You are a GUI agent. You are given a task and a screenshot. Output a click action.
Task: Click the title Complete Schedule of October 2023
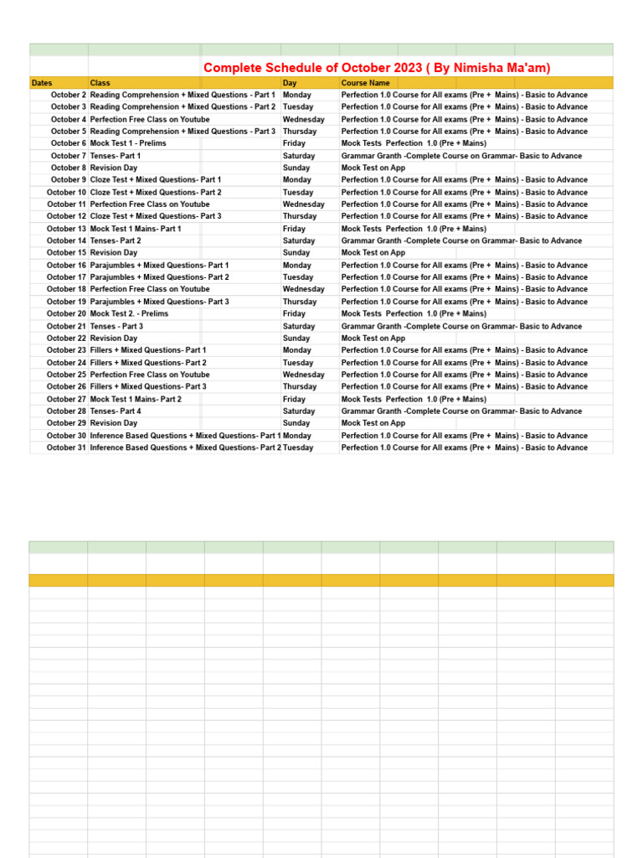click(x=377, y=68)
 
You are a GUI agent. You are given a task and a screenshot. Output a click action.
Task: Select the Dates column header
click(x=42, y=83)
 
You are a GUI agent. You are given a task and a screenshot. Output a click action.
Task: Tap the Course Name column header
click(x=365, y=83)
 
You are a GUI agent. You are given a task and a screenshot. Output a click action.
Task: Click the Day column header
click(x=290, y=83)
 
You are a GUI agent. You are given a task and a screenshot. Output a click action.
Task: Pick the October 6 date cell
click(x=68, y=143)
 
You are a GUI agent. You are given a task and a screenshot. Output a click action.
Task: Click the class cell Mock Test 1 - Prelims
click(x=128, y=143)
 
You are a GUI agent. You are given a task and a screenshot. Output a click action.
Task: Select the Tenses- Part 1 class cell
click(x=116, y=156)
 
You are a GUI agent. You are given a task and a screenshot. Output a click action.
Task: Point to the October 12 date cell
click(x=66, y=216)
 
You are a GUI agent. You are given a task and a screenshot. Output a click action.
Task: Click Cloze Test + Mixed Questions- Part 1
click(x=156, y=180)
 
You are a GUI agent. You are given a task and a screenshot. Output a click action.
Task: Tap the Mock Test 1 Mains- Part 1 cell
click(x=136, y=229)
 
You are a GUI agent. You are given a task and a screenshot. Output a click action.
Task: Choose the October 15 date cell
click(x=66, y=253)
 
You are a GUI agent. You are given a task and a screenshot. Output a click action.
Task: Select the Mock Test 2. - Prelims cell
click(x=129, y=313)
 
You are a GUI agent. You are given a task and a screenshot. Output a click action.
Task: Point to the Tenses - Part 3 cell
click(x=116, y=326)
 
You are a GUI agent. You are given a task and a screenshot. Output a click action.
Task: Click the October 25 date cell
click(x=66, y=375)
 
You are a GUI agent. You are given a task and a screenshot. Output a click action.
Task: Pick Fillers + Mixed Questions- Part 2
click(x=148, y=363)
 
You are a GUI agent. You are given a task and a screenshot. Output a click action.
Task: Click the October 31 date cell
click(x=66, y=447)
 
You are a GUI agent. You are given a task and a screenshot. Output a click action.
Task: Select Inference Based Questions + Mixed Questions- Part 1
click(x=186, y=436)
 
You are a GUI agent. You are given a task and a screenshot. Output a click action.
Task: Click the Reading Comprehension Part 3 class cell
click(x=183, y=132)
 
